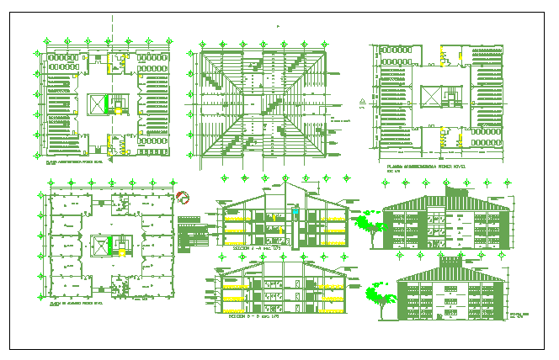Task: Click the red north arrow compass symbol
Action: pyautogui.click(x=184, y=199)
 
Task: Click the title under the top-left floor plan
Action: pyautogui.click(x=76, y=161)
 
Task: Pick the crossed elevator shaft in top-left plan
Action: pyautogui.click(x=102, y=104)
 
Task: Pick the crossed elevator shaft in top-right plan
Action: pyautogui.click(x=430, y=96)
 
